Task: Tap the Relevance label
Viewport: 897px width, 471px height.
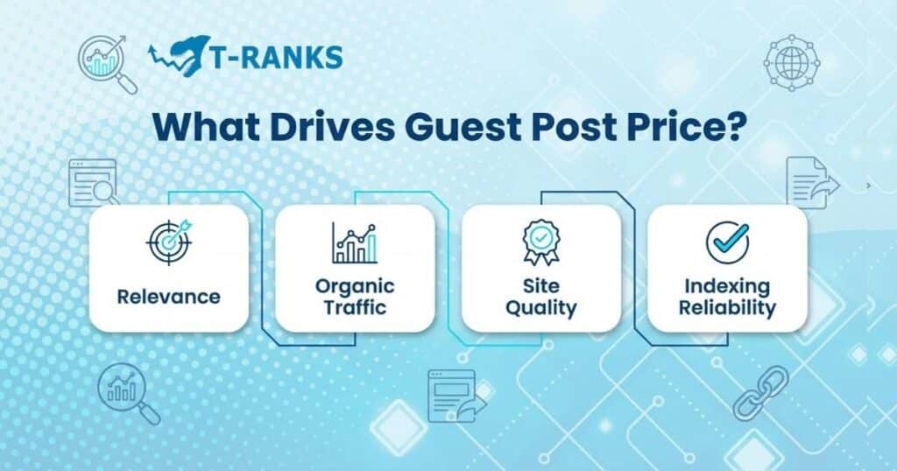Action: click(x=168, y=296)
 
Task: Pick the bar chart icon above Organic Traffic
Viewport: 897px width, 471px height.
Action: click(x=354, y=243)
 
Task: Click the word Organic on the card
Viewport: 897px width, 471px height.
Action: click(x=355, y=286)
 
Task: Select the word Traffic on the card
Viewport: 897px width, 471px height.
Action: click(x=355, y=307)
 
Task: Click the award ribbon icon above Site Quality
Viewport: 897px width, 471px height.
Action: click(x=540, y=243)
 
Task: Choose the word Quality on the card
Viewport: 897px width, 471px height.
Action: click(x=540, y=307)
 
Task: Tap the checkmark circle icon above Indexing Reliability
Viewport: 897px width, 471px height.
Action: click(x=727, y=243)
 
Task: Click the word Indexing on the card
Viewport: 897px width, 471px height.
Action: click(x=727, y=286)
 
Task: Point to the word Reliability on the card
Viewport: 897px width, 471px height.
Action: click(x=727, y=307)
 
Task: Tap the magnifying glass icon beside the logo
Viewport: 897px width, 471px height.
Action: click(x=108, y=64)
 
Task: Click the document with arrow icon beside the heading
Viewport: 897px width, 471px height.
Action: click(x=810, y=183)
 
